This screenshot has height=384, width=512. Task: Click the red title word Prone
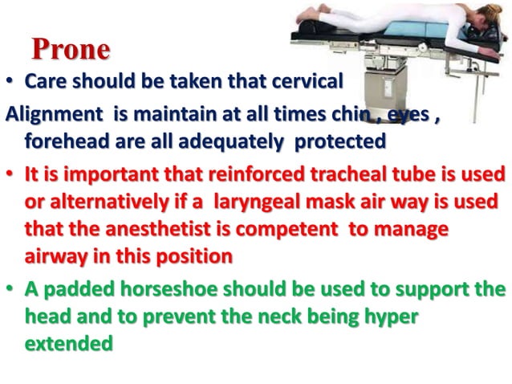coord(71,50)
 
